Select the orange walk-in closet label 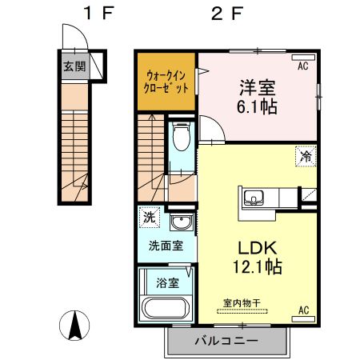tap(166, 82)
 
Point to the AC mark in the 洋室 tap(303, 66)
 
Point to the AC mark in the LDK tap(303, 310)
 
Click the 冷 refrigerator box tap(306, 158)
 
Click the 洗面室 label tap(166, 246)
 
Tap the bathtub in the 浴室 tap(163, 309)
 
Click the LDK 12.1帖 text tap(255, 255)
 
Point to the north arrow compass tap(74, 324)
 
